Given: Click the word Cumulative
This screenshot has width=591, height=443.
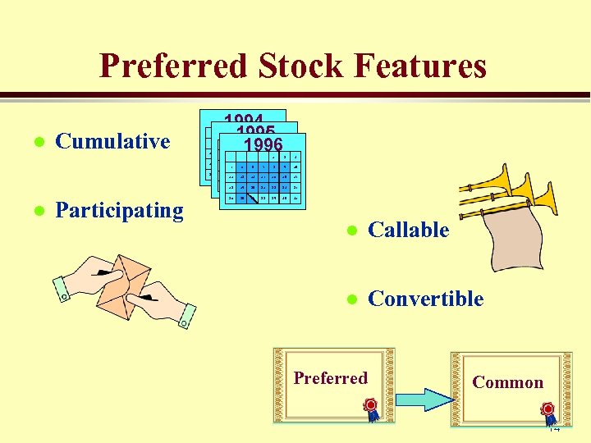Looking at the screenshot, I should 112,141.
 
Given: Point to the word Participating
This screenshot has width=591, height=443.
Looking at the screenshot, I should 119,210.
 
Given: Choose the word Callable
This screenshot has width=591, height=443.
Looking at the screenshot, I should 409,231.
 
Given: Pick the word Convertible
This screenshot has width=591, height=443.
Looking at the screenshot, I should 426,299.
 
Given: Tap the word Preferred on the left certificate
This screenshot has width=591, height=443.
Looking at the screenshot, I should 331,378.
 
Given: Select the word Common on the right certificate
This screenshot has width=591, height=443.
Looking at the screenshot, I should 507,382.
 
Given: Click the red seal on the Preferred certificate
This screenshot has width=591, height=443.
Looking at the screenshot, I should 370,405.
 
